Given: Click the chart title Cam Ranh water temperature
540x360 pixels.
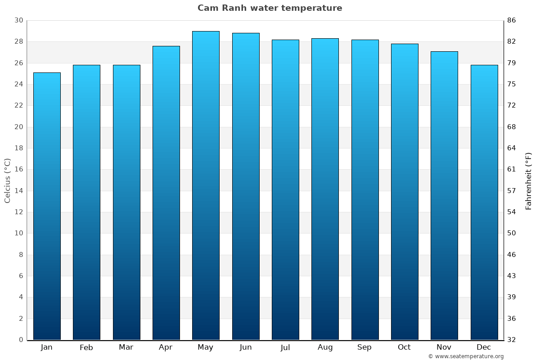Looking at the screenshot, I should pyautogui.click(x=270, y=8).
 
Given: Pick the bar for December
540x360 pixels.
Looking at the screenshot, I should pyautogui.click(x=484, y=202).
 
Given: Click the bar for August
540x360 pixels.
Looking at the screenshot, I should pyautogui.click(x=325, y=189).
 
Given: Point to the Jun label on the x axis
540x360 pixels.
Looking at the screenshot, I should pyautogui.click(x=246, y=347).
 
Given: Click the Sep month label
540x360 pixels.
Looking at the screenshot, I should pyautogui.click(x=364, y=347).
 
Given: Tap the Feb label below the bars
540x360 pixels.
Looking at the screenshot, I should pyautogui.click(x=86, y=347).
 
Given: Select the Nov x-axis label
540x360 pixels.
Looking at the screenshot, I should pyautogui.click(x=444, y=347).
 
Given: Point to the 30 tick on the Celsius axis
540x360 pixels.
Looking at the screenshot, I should pyautogui.click(x=19, y=20).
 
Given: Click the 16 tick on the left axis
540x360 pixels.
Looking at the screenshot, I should pyautogui.click(x=19, y=169).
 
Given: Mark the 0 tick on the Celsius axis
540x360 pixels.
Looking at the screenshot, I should pyautogui.click(x=21, y=340).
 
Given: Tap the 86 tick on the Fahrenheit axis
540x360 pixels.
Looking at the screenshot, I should pyautogui.click(x=512, y=20).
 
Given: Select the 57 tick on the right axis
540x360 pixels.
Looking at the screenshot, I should pyautogui.click(x=512, y=191).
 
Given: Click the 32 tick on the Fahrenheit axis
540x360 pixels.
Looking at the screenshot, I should pyautogui.click(x=512, y=340).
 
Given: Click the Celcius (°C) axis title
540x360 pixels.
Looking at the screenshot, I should pyautogui.click(x=8, y=180).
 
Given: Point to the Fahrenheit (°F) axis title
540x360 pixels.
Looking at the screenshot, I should pyautogui.click(x=529, y=180).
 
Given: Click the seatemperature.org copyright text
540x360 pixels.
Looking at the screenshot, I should pyautogui.click(x=466, y=356).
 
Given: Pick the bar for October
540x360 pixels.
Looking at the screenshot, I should pyautogui.click(x=405, y=192).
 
